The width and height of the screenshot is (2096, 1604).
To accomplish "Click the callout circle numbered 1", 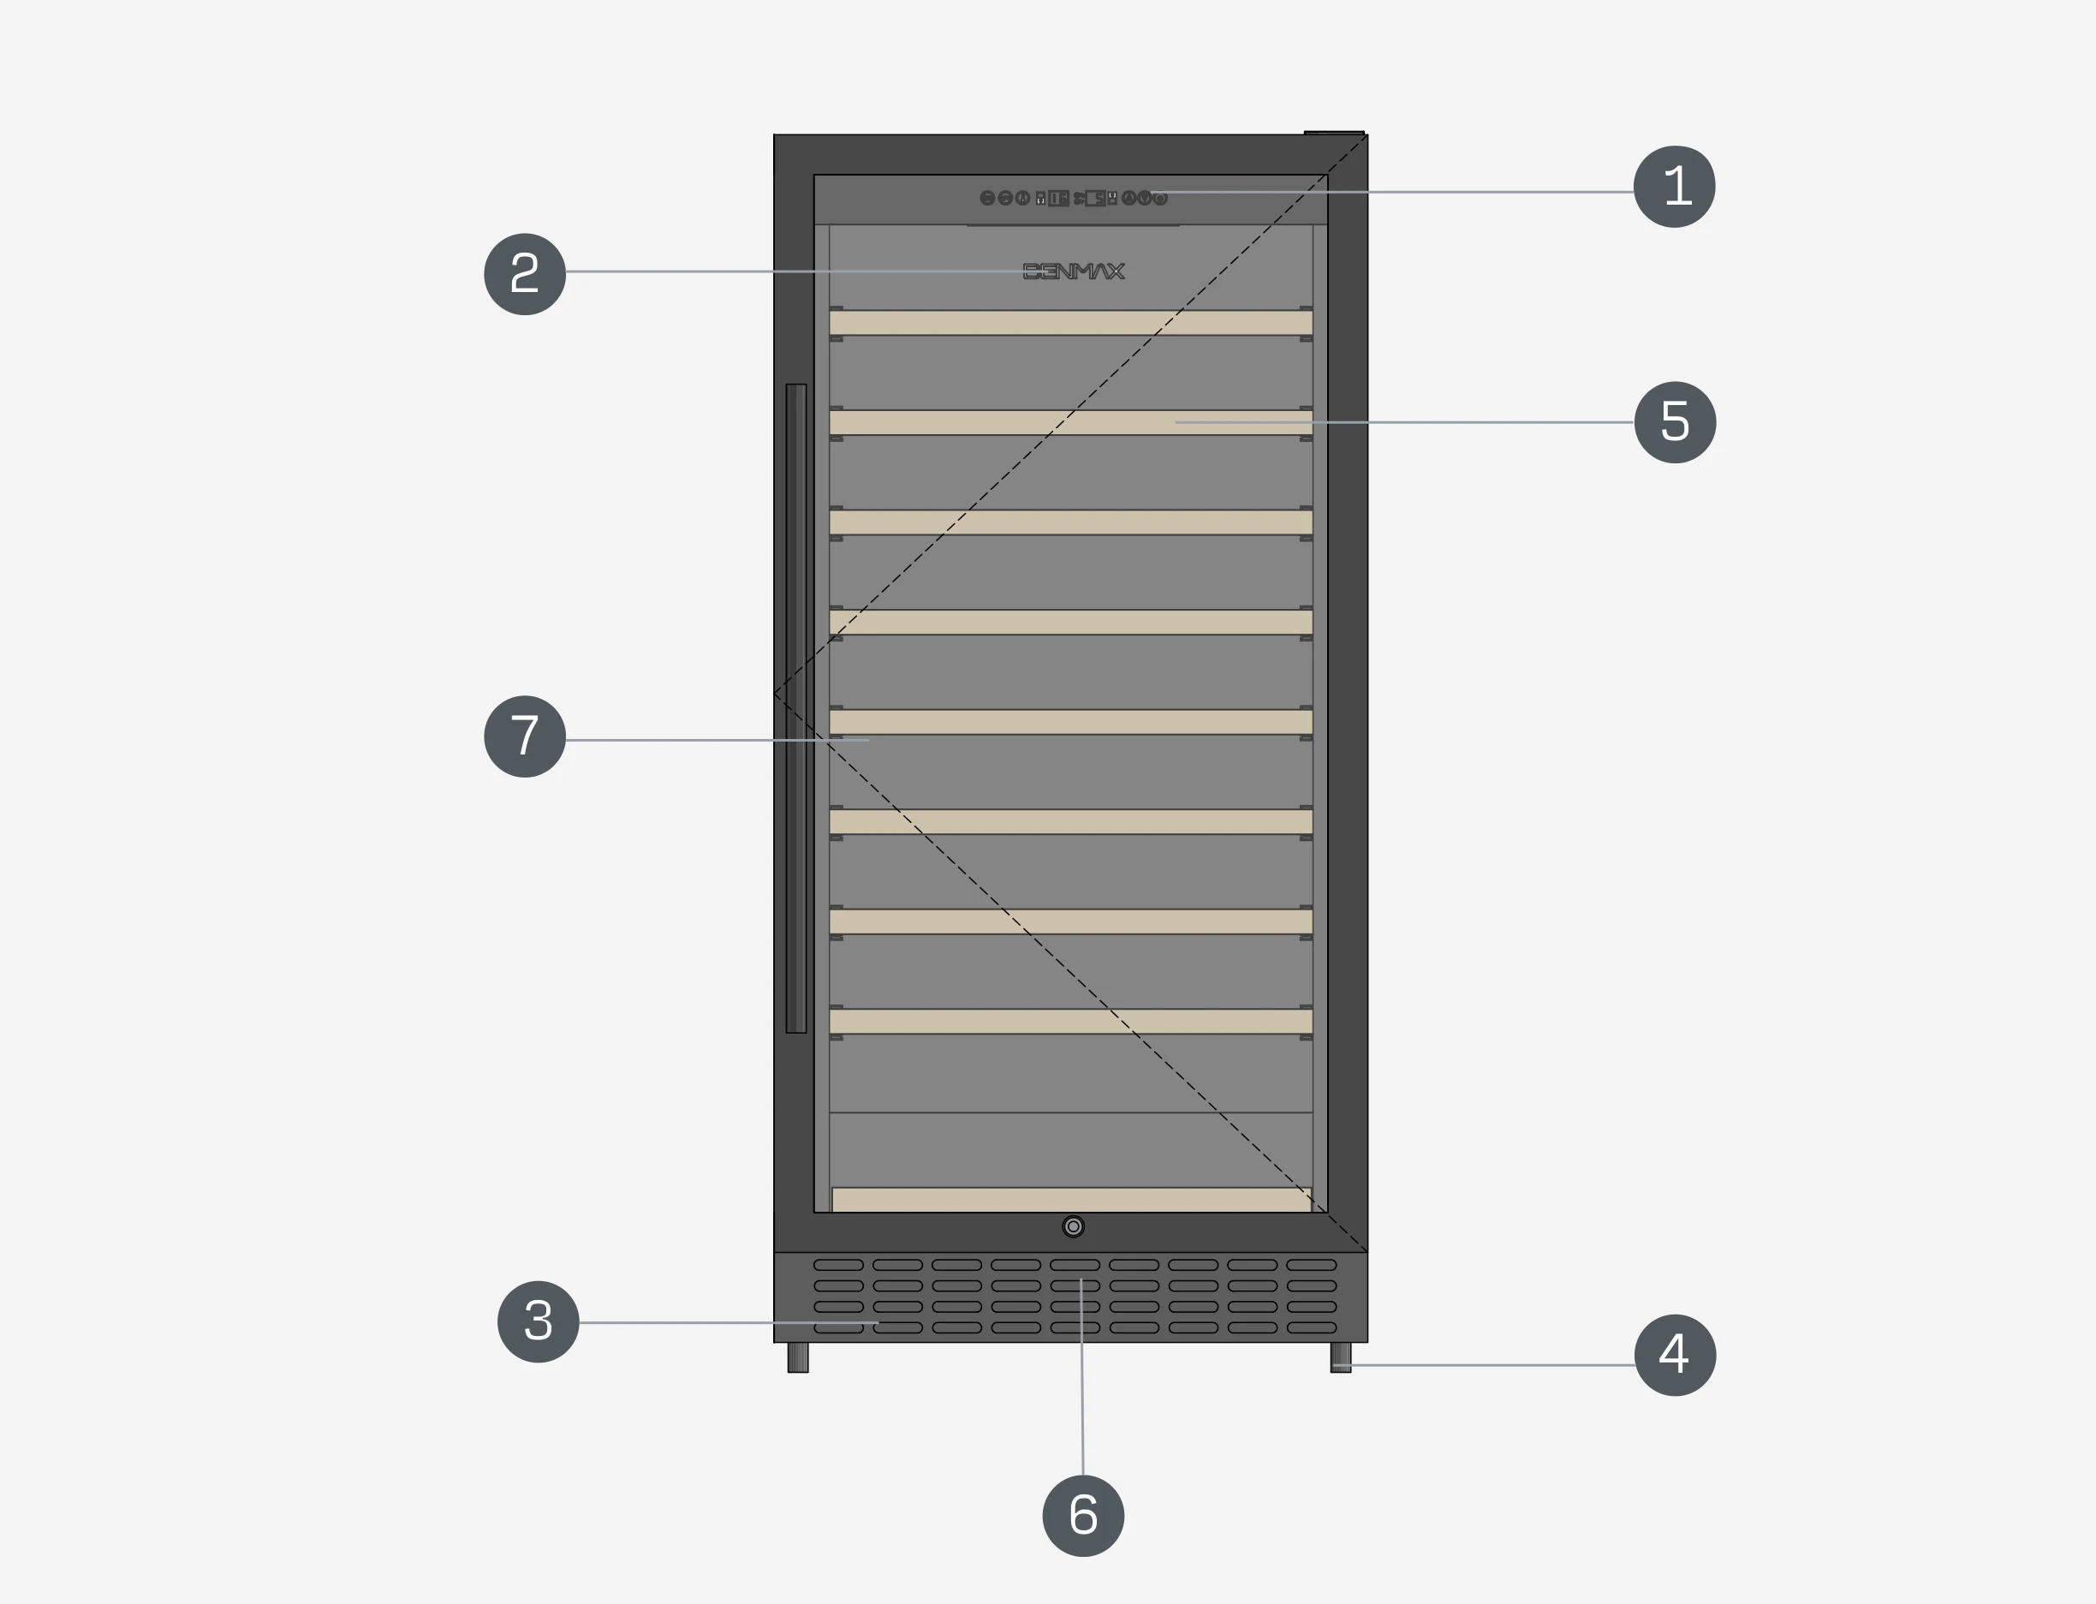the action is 1674,186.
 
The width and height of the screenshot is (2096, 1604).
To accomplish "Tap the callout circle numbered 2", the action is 525,274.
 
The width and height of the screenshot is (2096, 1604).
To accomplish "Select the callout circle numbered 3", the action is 539,1321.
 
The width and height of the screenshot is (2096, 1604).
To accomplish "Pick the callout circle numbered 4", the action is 1675,1355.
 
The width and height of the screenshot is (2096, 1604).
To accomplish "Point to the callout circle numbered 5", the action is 1675,422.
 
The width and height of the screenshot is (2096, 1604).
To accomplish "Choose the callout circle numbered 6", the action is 1083,1515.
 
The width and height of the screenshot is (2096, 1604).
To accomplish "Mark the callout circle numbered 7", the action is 525,736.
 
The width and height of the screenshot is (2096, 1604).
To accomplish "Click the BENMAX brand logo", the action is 1074,272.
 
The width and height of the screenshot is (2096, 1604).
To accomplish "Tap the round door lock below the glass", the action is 1074,1227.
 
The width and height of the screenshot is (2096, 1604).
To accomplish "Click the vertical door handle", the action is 796,708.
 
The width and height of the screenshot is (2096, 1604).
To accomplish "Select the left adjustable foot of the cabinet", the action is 798,1357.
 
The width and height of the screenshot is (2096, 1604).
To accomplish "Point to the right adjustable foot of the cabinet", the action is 1341,1357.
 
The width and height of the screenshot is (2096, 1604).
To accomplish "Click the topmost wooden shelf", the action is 1071,323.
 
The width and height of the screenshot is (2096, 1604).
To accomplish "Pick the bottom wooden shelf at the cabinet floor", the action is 1071,1200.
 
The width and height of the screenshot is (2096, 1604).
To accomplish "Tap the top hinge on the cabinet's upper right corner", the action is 1334,133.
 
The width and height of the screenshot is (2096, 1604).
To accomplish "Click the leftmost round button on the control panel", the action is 988,199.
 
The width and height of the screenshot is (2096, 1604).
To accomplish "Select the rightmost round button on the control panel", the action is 1161,199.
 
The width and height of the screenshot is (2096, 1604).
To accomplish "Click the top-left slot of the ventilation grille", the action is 838,1265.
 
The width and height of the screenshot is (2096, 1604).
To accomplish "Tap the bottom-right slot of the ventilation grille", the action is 1312,1328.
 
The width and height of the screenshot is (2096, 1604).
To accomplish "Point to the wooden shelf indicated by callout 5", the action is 1071,423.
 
